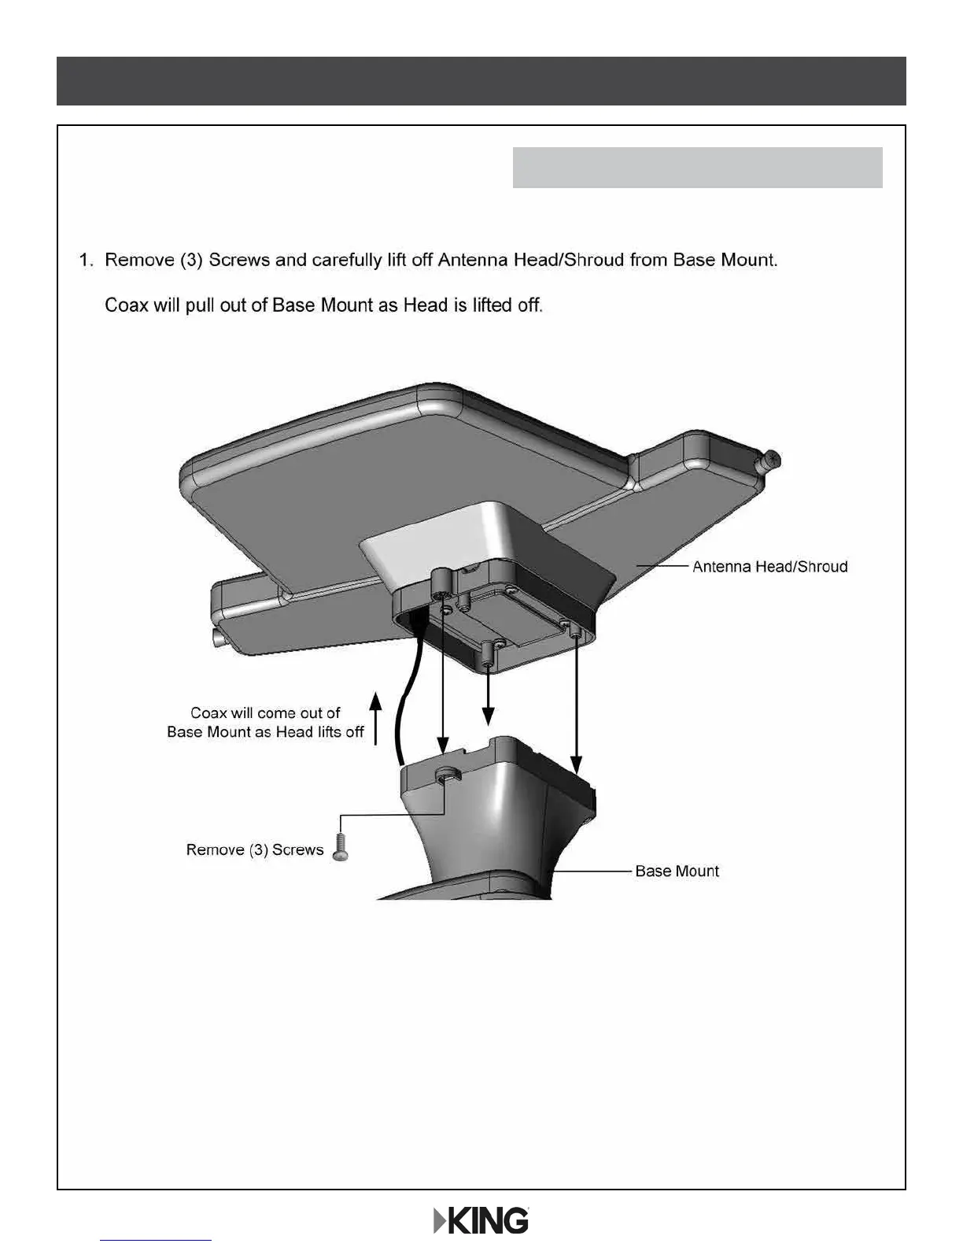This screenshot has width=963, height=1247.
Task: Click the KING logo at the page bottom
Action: pos(481,1221)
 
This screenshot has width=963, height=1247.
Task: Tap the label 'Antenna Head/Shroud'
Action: pos(769,567)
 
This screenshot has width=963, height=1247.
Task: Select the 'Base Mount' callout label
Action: pos(677,871)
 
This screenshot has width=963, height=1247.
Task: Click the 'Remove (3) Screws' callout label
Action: pos(255,850)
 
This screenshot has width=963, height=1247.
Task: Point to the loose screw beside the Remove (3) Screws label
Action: pos(341,849)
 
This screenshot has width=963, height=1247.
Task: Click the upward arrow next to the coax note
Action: pos(376,717)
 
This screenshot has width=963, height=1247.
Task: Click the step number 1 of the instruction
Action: pos(86,261)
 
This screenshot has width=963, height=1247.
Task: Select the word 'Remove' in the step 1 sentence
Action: pos(139,261)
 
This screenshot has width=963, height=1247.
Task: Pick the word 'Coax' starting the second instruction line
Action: pos(127,305)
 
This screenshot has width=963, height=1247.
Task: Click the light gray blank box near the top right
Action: pos(697,168)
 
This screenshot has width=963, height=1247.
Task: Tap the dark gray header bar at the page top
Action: pos(481,81)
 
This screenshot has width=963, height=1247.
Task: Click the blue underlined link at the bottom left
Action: pos(156,1240)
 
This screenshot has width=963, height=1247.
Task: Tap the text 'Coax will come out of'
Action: pos(265,713)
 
